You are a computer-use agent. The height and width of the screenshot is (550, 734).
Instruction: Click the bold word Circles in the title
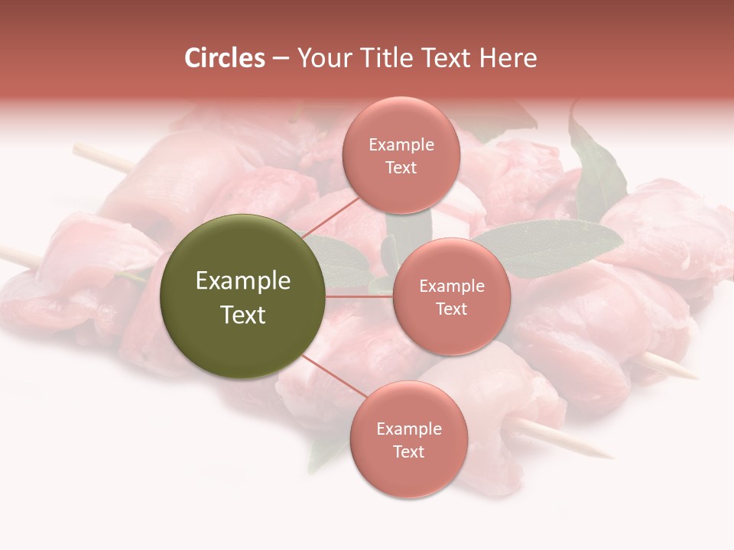click(x=225, y=58)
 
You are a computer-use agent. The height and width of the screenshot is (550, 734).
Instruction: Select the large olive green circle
click(x=242, y=296)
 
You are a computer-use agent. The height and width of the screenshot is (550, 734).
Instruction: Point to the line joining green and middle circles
click(x=359, y=296)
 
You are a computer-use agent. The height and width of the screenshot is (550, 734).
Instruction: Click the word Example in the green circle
click(x=243, y=281)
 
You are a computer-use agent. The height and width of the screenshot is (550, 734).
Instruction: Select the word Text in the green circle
click(x=243, y=315)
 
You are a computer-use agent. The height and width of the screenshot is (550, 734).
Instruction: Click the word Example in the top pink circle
click(x=401, y=145)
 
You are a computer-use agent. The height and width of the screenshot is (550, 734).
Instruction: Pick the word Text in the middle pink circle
click(x=451, y=309)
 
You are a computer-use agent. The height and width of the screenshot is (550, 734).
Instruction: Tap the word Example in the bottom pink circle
click(x=409, y=429)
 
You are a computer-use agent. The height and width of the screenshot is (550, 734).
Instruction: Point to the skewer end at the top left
click(x=80, y=148)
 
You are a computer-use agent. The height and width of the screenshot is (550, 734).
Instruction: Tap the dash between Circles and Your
click(x=280, y=59)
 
